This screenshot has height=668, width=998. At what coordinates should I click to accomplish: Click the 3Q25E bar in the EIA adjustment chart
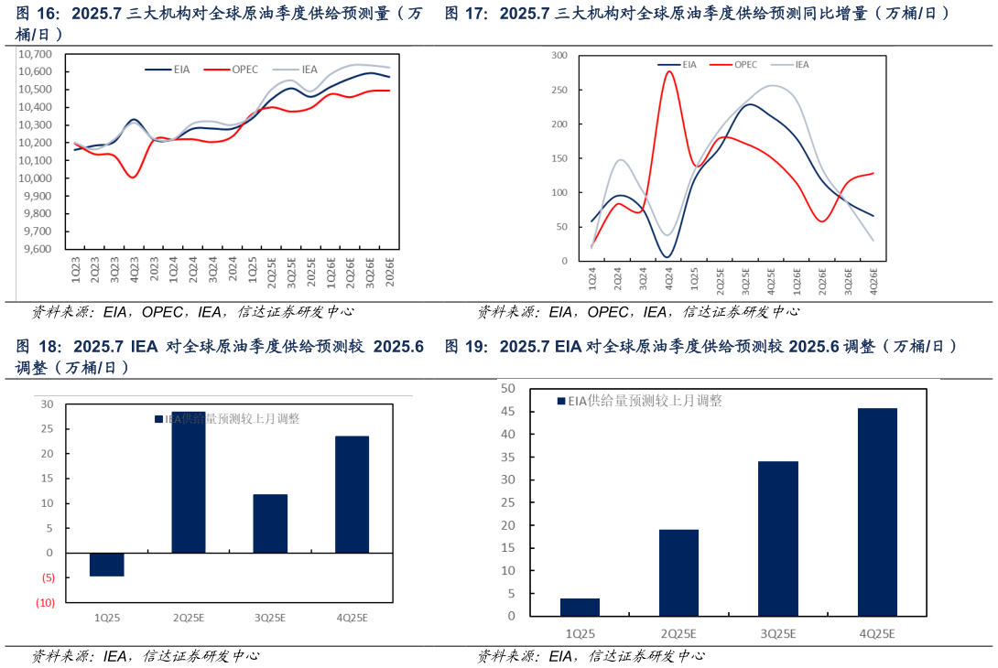coord(777,538)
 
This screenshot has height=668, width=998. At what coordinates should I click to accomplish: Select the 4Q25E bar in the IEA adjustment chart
coord(352,494)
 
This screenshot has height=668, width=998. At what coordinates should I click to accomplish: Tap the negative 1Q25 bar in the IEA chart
coord(107,565)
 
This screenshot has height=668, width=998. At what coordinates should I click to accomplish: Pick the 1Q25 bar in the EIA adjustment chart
coord(580,607)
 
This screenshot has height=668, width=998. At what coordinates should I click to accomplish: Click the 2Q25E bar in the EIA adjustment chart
coord(678,572)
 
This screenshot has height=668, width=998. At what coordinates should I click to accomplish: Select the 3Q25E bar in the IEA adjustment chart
coord(270,523)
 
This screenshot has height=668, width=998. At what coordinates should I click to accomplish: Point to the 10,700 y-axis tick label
coord(37,54)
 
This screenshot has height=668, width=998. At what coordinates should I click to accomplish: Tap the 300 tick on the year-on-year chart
coord(559,56)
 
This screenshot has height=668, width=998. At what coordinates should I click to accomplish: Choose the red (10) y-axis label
coord(45,602)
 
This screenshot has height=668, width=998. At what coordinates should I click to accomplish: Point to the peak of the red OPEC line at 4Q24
coord(668,71)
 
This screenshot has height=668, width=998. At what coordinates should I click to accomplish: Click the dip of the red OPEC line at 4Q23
coord(134,177)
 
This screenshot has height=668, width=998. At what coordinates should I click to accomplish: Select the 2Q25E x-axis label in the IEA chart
coord(189,618)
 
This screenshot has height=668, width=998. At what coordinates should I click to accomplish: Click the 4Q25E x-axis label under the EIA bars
coord(876,633)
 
